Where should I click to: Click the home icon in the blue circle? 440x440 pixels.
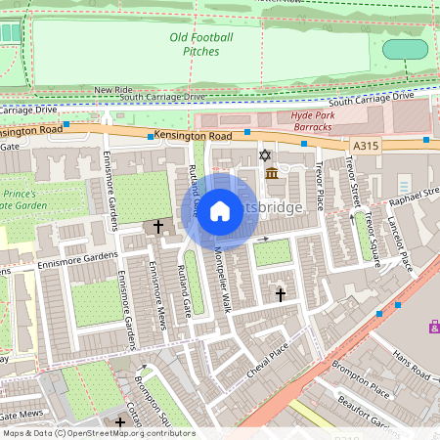click(220, 210)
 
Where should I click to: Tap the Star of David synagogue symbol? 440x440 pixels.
click(263, 154)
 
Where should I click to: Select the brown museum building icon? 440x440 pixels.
click(271, 173)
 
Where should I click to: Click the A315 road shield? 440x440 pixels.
click(365, 145)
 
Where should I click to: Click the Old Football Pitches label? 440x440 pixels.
click(200, 44)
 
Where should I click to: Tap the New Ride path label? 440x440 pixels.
click(113, 90)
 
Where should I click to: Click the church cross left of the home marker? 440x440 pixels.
click(157, 226)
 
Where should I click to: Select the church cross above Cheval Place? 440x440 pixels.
click(280, 293)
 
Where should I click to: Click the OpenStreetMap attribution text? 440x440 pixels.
click(98, 433)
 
